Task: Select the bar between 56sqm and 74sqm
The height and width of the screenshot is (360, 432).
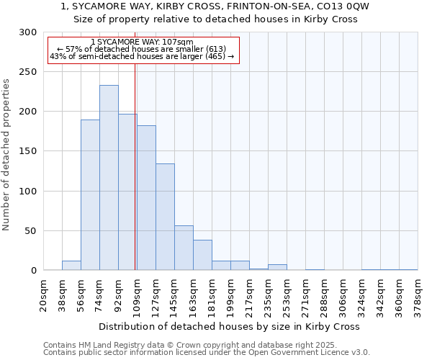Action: click(90, 195)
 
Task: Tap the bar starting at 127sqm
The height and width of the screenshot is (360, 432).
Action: click(165, 217)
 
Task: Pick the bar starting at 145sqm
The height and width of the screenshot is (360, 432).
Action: click(184, 248)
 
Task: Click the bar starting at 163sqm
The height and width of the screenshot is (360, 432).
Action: click(202, 255)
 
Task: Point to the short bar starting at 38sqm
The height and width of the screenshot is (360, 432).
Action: click(71, 266)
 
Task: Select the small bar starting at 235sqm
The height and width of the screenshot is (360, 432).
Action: click(277, 267)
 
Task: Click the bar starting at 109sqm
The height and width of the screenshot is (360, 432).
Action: click(146, 198)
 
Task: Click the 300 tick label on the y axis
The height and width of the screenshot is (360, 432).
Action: click(27, 32)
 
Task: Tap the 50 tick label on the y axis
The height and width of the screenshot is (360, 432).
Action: click(30, 231)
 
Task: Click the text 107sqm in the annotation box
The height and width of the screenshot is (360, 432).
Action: click(177, 42)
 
